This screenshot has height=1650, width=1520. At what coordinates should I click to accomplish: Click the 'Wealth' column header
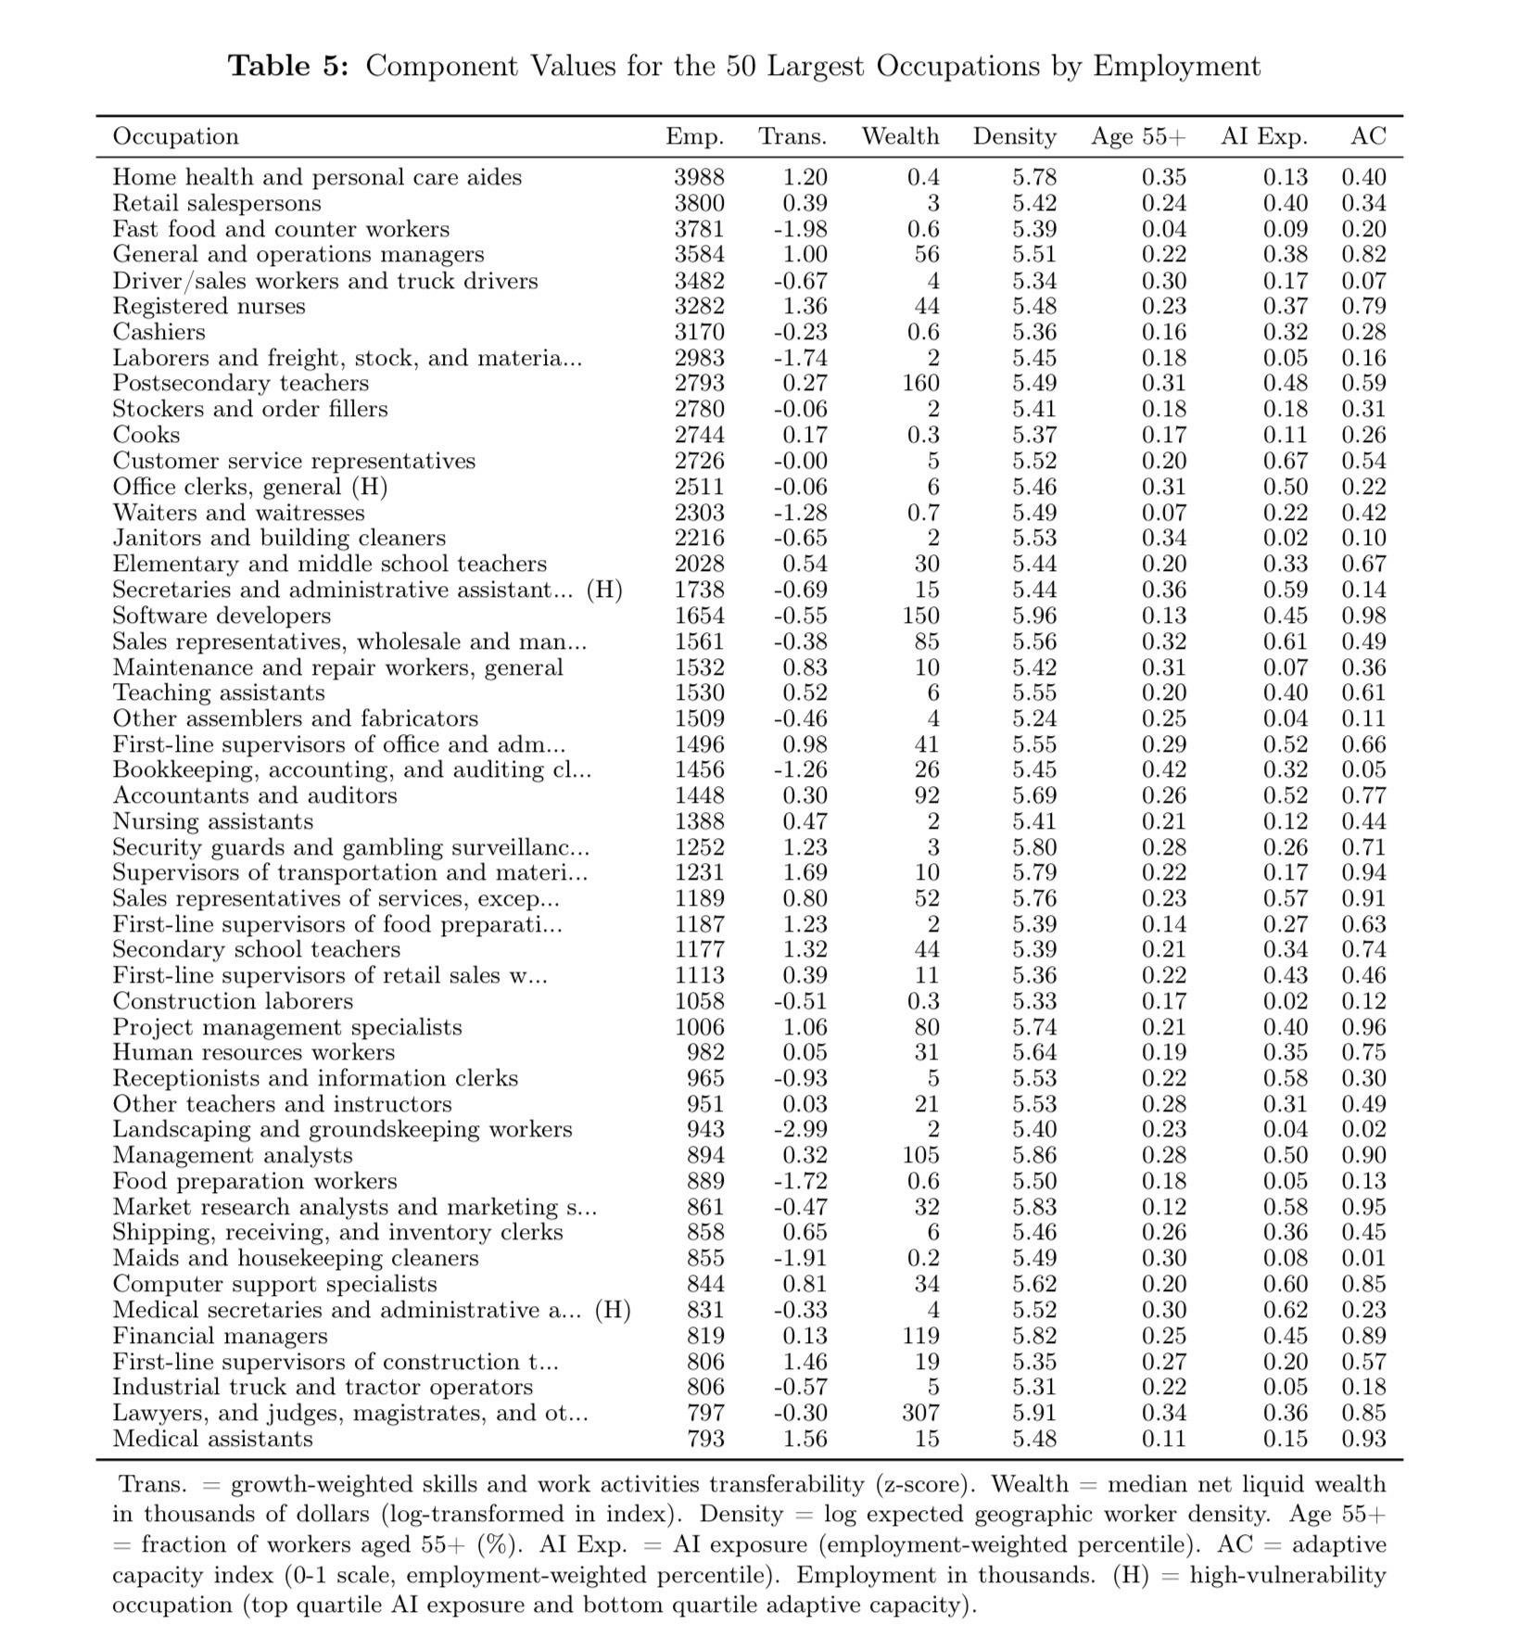pos(900,136)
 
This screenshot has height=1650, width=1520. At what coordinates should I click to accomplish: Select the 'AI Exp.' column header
pos(1264,136)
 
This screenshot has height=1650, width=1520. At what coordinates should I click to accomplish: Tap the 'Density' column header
pos(1014,136)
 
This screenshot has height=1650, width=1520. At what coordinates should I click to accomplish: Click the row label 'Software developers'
pos(222,616)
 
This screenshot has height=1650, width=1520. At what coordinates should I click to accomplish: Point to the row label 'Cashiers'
pos(159,332)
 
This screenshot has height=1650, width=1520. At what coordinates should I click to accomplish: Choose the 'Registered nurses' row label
pos(209,306)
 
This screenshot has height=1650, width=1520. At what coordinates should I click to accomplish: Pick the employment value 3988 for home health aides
pos(699,177)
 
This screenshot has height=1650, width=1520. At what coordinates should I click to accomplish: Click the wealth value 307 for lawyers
pos(920,1413)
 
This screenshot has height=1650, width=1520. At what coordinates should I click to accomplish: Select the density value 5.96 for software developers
pos(1033,616)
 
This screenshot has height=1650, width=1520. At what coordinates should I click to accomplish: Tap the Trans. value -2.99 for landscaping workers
pos(800,1129)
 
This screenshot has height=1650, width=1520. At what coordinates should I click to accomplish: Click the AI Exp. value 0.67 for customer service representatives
pos(1286,461)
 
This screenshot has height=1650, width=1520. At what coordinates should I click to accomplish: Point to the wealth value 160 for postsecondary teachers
pos(920,383)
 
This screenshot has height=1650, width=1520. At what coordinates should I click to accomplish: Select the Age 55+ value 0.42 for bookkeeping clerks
pos(1163,769)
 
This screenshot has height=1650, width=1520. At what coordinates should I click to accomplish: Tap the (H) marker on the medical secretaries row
pos(613,1310)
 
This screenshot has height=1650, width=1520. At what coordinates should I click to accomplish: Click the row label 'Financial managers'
pos(220,1336)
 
